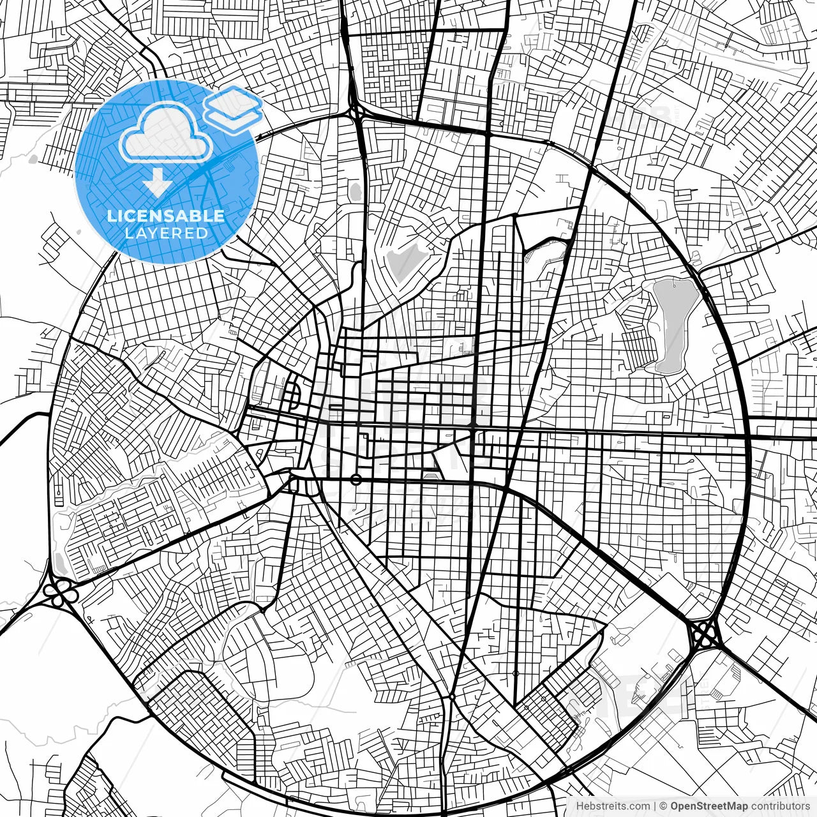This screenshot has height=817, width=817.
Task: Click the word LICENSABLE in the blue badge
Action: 166,216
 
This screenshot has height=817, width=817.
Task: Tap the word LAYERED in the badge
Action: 166,233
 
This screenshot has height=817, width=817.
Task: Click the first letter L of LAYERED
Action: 128,233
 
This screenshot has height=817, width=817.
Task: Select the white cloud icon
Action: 166,133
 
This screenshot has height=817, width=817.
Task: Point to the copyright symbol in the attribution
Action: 663,806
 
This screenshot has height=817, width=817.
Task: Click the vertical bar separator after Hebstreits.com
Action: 655,806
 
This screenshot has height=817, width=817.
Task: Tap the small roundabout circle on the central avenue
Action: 356,479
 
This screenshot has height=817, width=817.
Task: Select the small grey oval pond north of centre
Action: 355,191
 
